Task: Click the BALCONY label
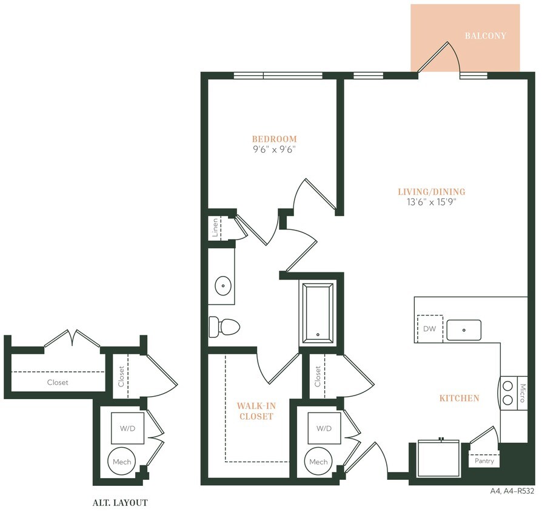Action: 485,36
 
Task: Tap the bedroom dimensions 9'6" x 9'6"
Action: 275,149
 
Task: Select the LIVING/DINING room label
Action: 431,192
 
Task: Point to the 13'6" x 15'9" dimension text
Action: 431,203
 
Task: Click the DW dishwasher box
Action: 430,329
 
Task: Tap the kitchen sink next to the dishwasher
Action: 464,330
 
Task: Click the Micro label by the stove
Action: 523,392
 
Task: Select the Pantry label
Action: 484,461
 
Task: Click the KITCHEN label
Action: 459,399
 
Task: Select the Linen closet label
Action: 215,229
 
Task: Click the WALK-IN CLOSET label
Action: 255,411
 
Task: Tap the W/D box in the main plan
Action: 323,428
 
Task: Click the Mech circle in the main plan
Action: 318,462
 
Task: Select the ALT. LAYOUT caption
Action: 120,502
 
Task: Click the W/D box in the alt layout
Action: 127,428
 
